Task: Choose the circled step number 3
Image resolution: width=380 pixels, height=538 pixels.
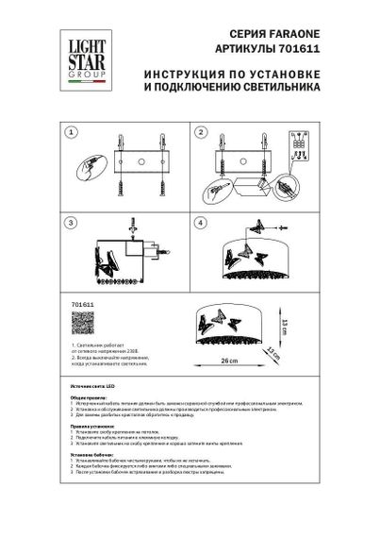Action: coord(69,223)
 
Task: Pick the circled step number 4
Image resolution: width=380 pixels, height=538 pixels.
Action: coord(202,223)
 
